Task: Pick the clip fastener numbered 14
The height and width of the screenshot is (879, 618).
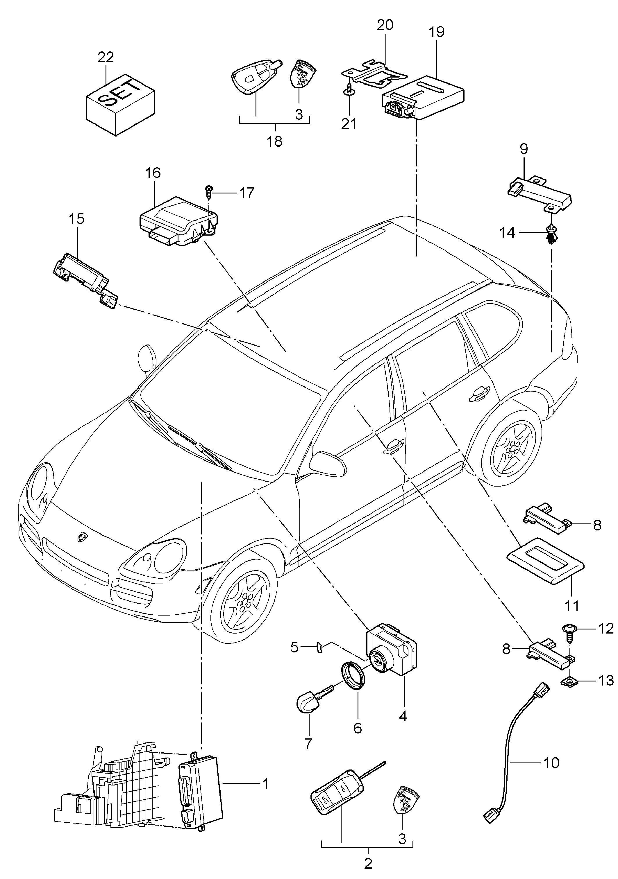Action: (x=551, y=235)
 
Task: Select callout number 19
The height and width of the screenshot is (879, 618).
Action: (x=437, y=32)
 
